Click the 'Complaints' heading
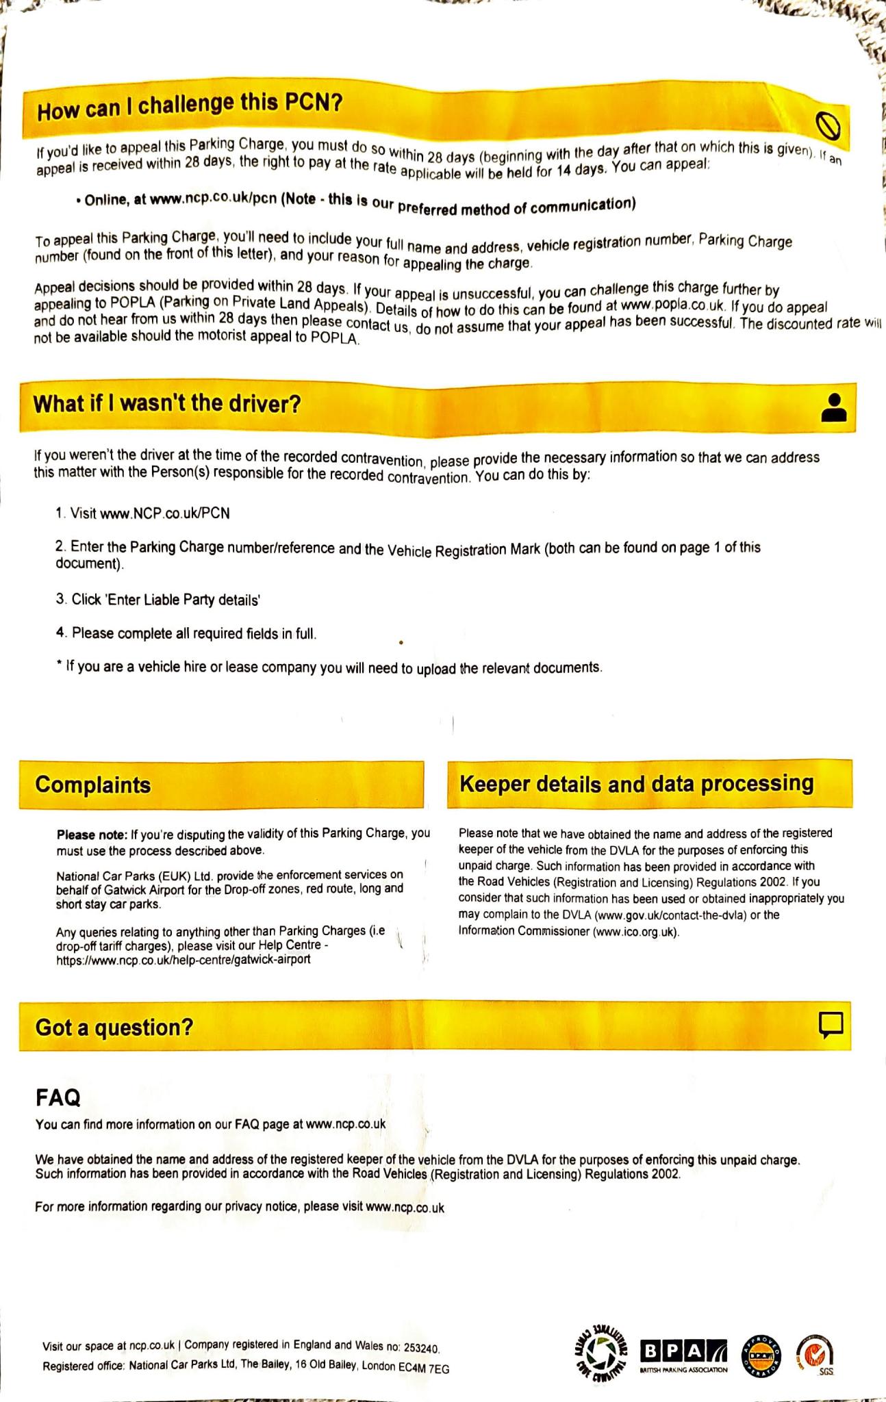point(93,785)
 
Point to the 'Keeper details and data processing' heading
point(637,783)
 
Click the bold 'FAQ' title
point(58,1098)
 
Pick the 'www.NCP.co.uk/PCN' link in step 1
point(165,513)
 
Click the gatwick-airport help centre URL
point(183,959)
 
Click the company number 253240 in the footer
point(421,1347)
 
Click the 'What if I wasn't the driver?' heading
point(167,404)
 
